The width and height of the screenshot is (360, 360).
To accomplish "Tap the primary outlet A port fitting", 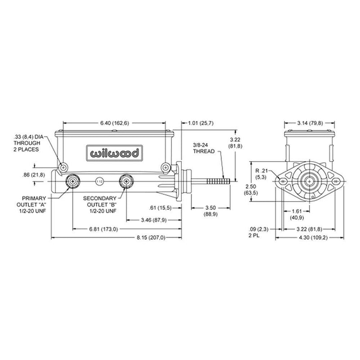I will point(72,182).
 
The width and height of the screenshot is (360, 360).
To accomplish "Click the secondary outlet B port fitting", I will point(126,182).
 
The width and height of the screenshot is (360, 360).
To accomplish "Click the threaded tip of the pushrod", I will point(221,181).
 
